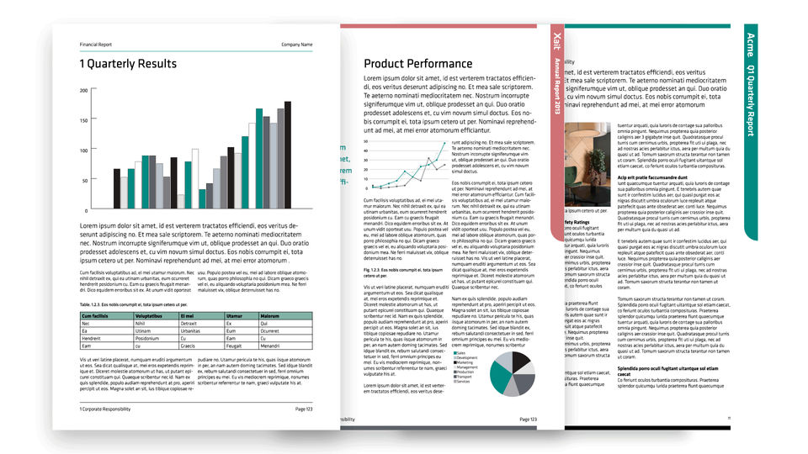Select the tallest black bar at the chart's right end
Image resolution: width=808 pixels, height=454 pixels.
tap(288, 156)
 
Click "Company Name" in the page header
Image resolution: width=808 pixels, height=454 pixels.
tap(296, 45)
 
